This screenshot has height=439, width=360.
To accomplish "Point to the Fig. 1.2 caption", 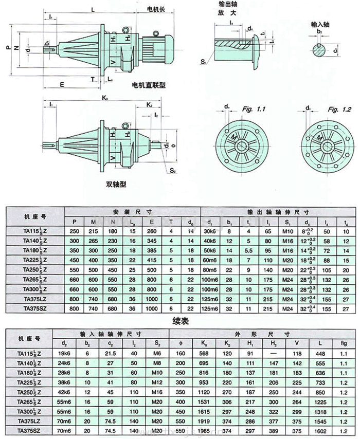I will [x=339, y=110].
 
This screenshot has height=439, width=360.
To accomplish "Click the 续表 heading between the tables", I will [x=180, y=318].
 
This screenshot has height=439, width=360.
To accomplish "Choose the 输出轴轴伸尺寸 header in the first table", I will [x=278, y=211].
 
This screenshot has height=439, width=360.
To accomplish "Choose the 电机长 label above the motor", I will [x=156, y=9].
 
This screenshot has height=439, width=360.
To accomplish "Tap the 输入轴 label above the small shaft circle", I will [x=320, y=24].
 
